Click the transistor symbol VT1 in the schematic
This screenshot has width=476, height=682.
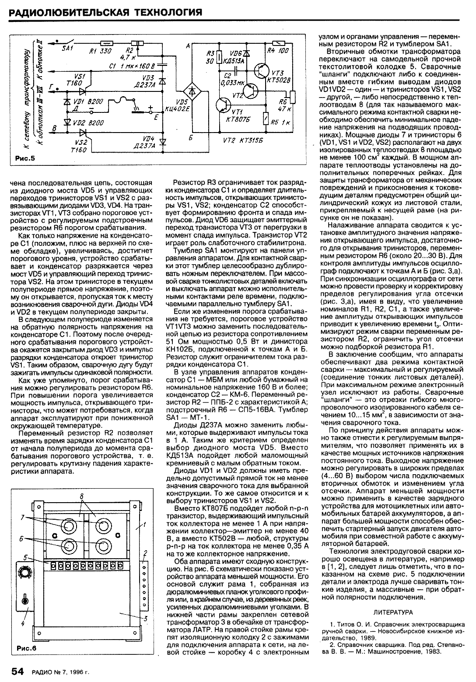224,106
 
